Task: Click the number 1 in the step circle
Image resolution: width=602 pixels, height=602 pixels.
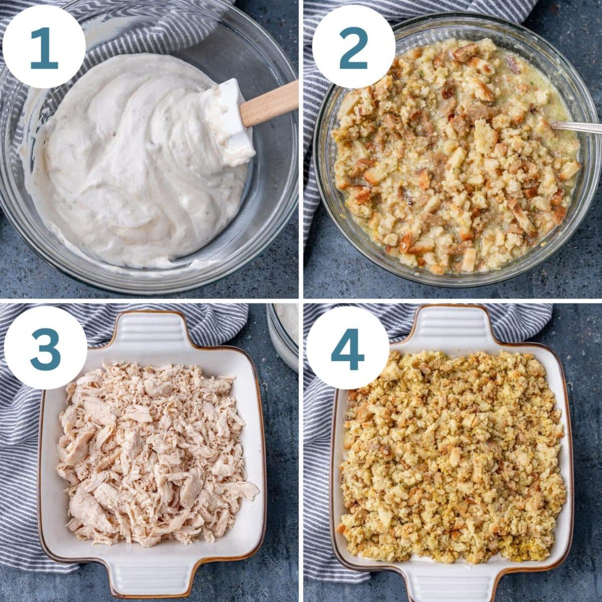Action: (x=44, y=48)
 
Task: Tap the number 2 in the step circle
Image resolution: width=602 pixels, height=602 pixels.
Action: (x=353, y=48)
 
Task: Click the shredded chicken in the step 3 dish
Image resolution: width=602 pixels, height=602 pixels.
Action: (x=156, y=452)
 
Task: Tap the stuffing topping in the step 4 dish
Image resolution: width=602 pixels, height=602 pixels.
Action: (x=452, y=457)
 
